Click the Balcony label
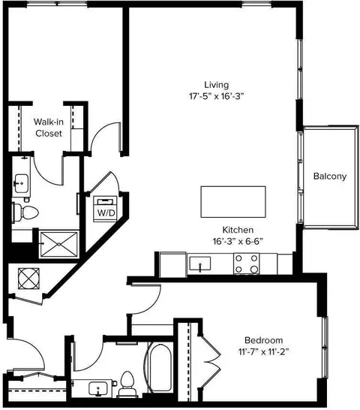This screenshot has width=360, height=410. tap(330, 176)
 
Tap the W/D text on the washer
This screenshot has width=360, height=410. tap(106, 213)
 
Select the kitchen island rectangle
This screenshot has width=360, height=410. tap(233, 201)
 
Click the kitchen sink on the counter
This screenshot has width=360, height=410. tap(200, 264)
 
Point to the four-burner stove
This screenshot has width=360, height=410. tap(246, 264)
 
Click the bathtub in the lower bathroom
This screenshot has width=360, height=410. tap(159, 368)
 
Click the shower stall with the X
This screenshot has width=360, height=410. tap(59, 244)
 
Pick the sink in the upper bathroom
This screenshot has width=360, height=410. tap(21, 183)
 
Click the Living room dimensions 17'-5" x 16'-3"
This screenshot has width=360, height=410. tap(216, 96)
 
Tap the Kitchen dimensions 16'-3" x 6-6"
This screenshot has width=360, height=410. tap(238, 241)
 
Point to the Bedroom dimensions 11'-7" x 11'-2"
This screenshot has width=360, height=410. tap(263, 351)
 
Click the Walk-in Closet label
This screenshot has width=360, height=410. tap(49, 128)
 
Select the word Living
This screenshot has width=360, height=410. tap(216, 85)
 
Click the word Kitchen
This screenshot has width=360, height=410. tap(238, 230)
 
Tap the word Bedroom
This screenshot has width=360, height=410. tap(263, 340)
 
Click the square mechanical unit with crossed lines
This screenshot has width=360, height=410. tap(28, 279)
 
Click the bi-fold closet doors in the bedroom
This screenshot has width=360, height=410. tap(209, 362)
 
